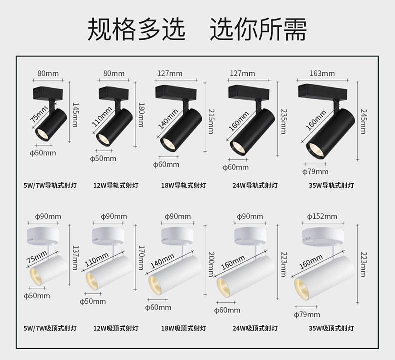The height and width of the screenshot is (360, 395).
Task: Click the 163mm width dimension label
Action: [x=322, y=73]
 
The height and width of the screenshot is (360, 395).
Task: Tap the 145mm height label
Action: [x=75, y=115]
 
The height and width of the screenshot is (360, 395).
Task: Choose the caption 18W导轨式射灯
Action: [x=183, y=185]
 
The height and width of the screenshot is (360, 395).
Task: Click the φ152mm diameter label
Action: [x=322, y=216]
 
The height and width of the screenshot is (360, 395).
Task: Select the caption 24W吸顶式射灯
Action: [x=255, y=328]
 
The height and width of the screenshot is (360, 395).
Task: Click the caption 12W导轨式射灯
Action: [x=116, y=185]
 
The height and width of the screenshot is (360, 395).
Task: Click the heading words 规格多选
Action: [x=136, y=29]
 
